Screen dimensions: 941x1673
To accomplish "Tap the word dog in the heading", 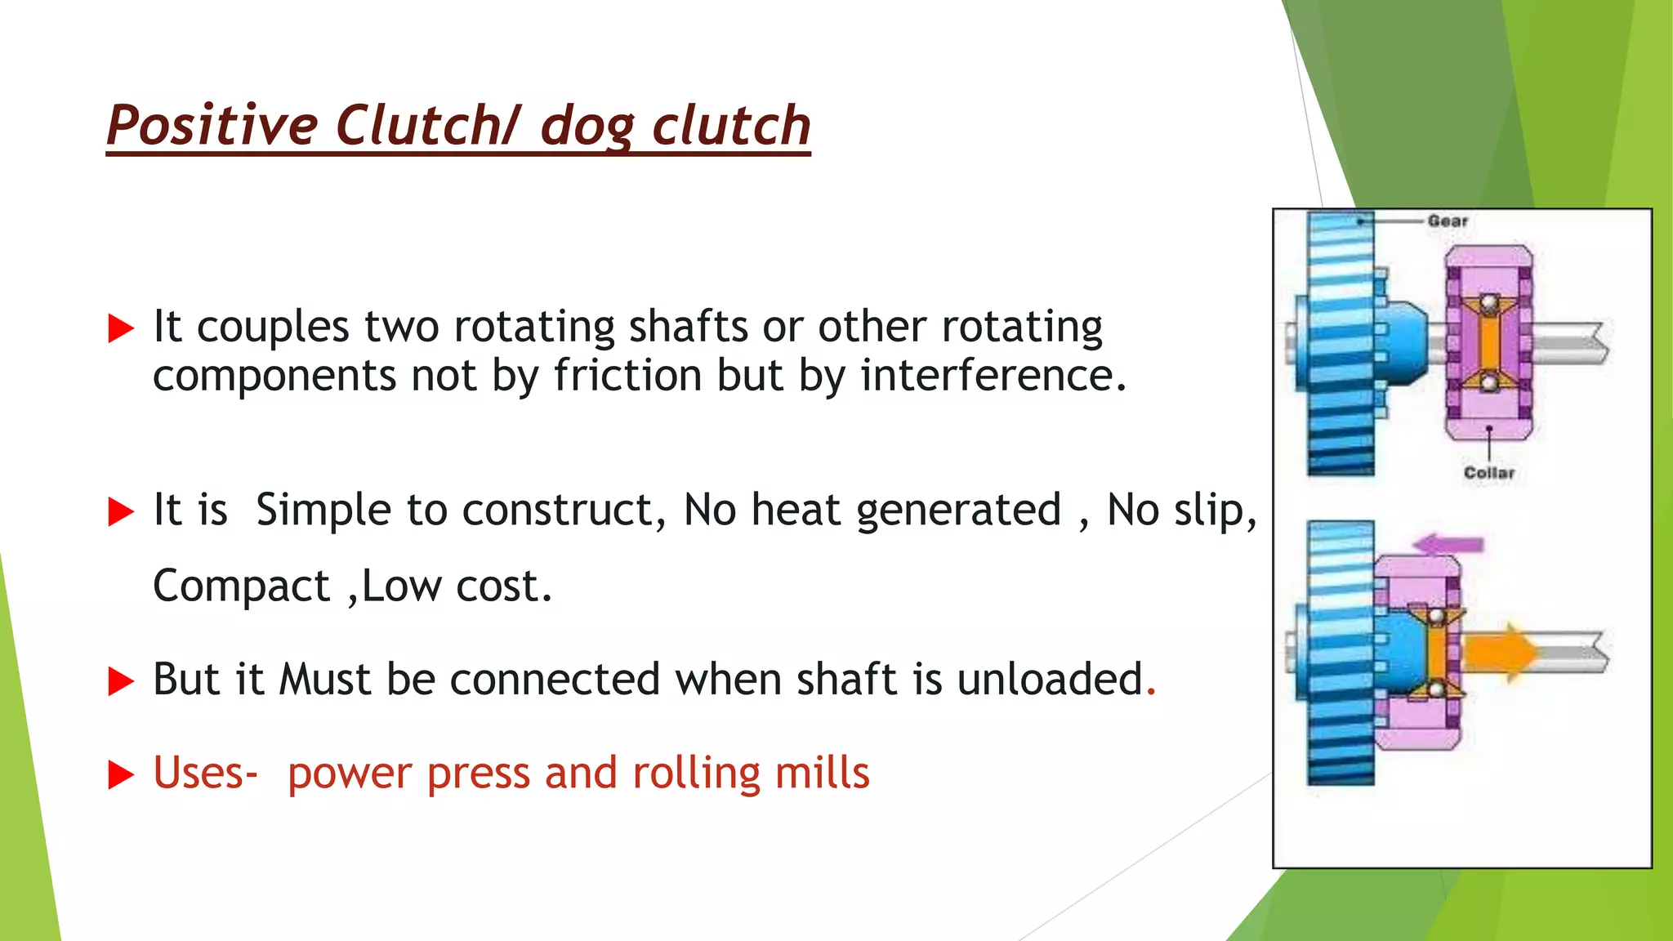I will coord(587,127).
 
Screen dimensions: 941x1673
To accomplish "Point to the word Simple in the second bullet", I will coord(323,511).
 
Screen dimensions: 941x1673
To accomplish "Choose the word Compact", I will coord(241,586).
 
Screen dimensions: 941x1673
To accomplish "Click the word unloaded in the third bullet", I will coord(1050,679).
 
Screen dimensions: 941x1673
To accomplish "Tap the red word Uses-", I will coord(205,773).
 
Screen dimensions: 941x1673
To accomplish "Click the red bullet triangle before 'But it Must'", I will coord(121,681).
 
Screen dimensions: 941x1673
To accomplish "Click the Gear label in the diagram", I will coord(1448,221).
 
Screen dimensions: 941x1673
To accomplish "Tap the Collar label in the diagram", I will coord(1488,473).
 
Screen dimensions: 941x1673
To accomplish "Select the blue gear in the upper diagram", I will coord(1340,343).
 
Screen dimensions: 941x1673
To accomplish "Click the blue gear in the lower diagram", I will coord(1340,653).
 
